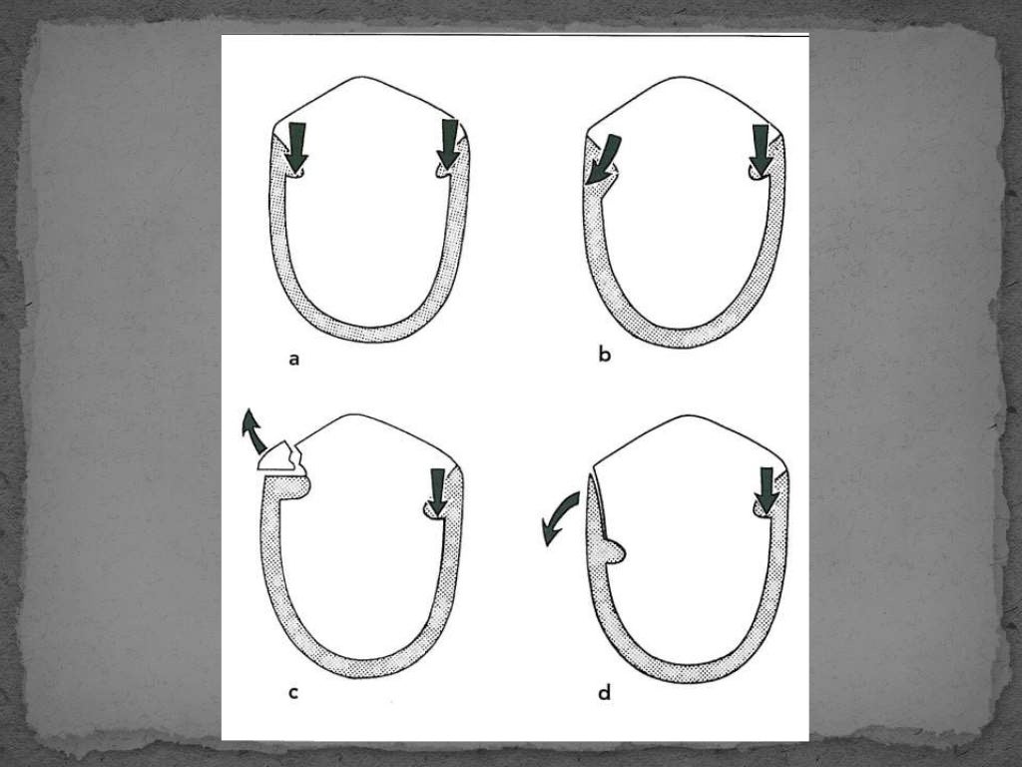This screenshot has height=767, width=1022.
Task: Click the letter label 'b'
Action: click(604, 356)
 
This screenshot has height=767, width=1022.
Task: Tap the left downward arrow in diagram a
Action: click(296, 146)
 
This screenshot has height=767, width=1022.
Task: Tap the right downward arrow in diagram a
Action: click(448, 146)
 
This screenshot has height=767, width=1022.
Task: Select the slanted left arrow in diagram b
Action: click(603, 160)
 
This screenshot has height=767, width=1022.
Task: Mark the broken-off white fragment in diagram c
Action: click(277, 457)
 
